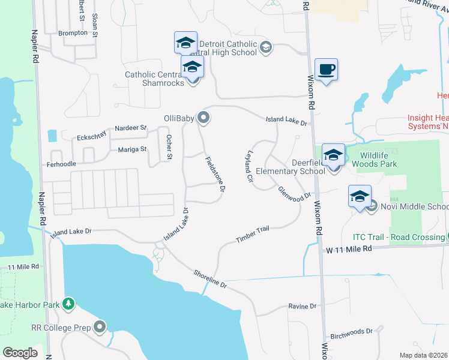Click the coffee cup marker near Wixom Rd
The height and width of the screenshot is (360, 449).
(x=326, y=70)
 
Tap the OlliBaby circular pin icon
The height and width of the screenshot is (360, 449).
(x=204, y=118)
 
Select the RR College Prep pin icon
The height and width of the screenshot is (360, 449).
(x=100, y=327)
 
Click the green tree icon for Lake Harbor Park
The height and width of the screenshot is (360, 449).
(x=69, y=304)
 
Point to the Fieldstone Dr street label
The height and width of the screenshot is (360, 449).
(x=214, y=174)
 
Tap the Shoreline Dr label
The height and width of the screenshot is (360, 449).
(x=209, y=278)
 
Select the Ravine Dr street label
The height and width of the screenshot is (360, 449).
(x=302, y=306)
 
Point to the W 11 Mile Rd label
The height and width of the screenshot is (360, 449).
(x=349, y=248)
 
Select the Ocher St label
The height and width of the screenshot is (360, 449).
(x=169, y=148)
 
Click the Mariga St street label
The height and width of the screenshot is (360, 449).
(x=132, y=149)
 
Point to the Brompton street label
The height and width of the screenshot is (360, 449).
(x=73, y=33)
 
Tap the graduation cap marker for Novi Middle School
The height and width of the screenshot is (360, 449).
(x=360, y=197)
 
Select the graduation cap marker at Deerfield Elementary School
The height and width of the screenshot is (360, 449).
(x=333, y=155)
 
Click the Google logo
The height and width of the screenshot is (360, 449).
(x=20, y=353)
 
